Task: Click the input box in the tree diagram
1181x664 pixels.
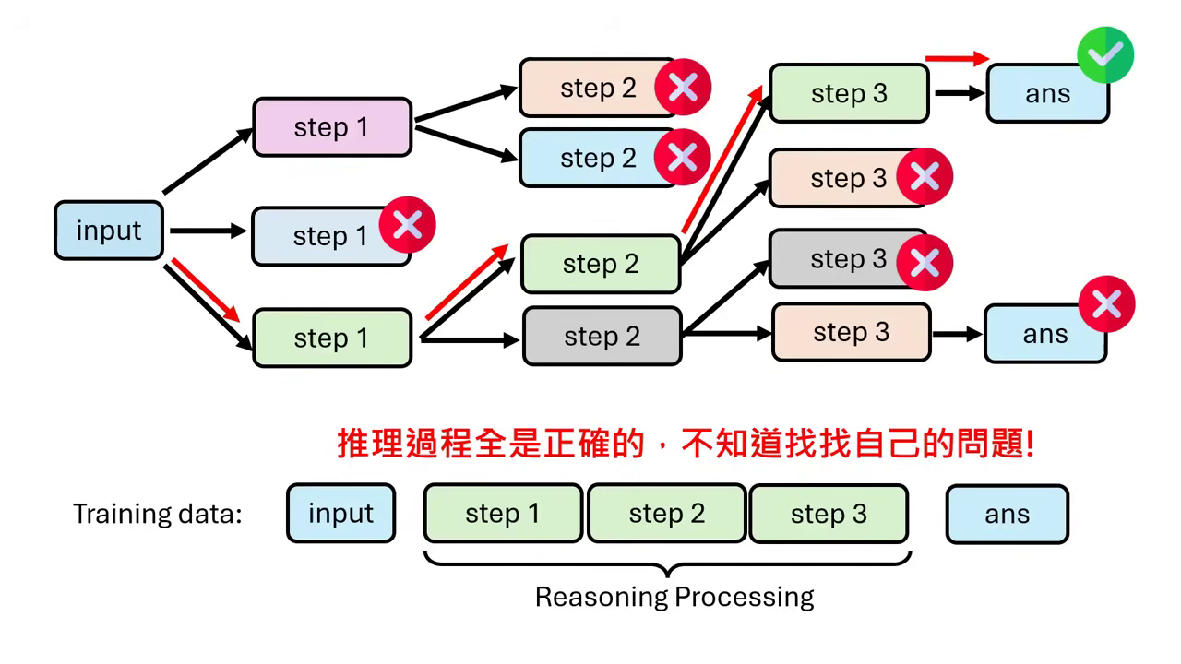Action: click(x=109, y=230)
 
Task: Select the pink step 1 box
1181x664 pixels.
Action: click(x=331, y=127)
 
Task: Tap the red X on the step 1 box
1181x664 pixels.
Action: click(x=407, y=224)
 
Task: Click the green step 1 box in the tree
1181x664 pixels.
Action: click(x=331, y=338)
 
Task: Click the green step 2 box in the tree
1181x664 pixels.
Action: click(x=600, y=264)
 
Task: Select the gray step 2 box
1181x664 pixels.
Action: click(x=602, y=337)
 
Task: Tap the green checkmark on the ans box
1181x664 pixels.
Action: click(x=1105, y=55)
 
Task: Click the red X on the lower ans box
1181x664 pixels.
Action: click(x=1106, y=303)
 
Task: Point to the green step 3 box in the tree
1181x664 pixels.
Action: click(x=848, y=93)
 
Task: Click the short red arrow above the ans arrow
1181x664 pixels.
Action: click(x=957, y=59)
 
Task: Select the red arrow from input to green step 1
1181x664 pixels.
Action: click(x=205, y=290)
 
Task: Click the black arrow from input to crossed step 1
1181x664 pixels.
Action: click(x=208, y=231)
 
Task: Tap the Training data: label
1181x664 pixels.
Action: click(x=157, y=514)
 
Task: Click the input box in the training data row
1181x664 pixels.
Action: click(x=340, y=514)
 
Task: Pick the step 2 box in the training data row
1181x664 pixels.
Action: click(x=666, y=514)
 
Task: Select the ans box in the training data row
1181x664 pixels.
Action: click(x=1007, y=514)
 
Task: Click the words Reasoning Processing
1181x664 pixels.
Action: click(x=674, y=597)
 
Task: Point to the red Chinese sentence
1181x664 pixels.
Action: click(x=686, y=445)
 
